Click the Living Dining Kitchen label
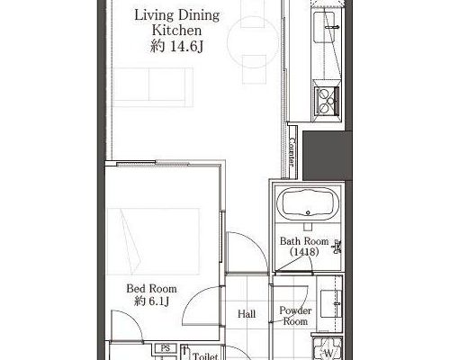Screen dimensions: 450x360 [177, 22]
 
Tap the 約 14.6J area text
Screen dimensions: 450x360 [177, 47]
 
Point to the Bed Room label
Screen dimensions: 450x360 [151, 289]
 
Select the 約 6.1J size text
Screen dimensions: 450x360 [151, 301]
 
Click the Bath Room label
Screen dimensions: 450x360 [304, 241]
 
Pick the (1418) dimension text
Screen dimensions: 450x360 [304, 252]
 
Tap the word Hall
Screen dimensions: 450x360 [247, 314]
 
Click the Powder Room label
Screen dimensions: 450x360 [295, 316]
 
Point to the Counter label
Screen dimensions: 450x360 [292, 152]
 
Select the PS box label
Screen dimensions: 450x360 [166, 348]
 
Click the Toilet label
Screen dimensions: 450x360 [205, 356]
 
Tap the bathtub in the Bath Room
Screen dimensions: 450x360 [308, 202]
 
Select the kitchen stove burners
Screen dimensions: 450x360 [326, 101]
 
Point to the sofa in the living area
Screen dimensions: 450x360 [153, 87]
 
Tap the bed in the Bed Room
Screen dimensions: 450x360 [153, 241]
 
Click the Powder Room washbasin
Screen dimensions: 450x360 [331, 303]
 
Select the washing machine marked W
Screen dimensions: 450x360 [328, 349]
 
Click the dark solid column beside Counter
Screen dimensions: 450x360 [327, 156]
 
